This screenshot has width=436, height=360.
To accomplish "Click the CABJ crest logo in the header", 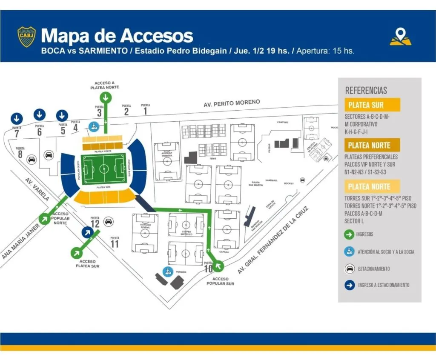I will (x=26, y=37).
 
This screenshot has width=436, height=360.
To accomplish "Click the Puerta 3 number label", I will (x=99, y=113).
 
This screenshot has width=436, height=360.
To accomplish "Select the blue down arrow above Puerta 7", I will (x=17, y=117).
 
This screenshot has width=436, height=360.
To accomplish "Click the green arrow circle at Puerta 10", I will (x=218, y=266).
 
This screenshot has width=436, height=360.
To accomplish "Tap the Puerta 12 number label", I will (x=95, y=223).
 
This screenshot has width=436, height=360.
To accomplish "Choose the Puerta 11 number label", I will (x=115, y=244).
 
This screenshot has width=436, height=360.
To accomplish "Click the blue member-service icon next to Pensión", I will (x=168, y=271).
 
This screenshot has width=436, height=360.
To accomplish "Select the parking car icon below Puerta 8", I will (x=31, y=160).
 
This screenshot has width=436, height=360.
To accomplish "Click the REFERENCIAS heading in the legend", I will (x=366, y=90).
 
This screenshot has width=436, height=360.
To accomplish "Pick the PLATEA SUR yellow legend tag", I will (x=372, y=105).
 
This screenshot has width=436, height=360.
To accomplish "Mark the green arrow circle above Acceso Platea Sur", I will (x=77, y=252).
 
